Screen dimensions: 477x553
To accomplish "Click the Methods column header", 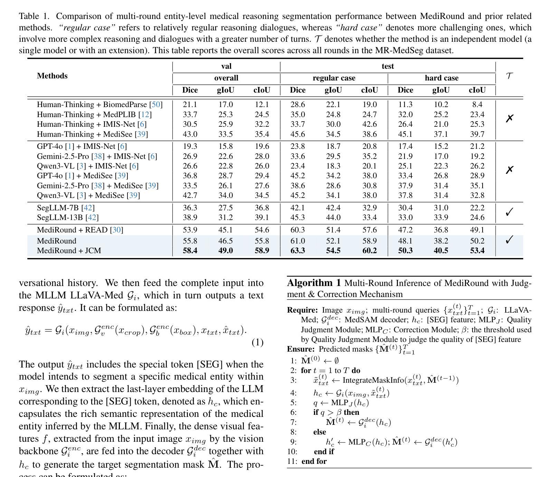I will pyautogui.click(x=52, y=76).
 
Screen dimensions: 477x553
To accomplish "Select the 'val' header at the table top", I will pyautogui.click(x=226, y=66).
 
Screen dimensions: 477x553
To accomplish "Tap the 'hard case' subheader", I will pyautogui.click(x=441, y=78).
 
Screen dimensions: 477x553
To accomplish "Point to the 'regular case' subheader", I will pyautogui.click(x=334, y=78).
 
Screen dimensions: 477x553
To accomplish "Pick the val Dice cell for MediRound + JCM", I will pyautogui.click(x=190, y=250).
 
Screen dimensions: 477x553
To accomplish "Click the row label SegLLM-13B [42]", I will pyautogui.click(x=67, y=217).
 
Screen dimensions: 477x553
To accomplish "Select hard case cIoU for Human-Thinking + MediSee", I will pyautogui.click(x=477, y=134).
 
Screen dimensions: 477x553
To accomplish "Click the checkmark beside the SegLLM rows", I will pyautogui.click(x=509, y=212).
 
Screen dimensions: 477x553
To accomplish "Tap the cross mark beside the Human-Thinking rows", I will pyautogui.click(x=509, y=118).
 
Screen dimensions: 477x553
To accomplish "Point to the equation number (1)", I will pyautogui.click(x=257, y=342).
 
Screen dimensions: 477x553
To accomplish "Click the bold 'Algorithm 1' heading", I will pyautogui.click(x=314, y=283).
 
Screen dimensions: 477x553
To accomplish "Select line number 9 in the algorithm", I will pyautogui.click(x=293, y=442).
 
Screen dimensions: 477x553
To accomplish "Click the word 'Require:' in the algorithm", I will pyautogui.click(x=302, y=310).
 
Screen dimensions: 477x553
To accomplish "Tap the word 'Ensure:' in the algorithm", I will pyautogui.click(x=301, y=349).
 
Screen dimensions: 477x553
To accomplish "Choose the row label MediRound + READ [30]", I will pyautogui.click(x=80, y=230).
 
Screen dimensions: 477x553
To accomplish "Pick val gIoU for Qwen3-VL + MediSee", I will pyautogui.click(x=226, y=195).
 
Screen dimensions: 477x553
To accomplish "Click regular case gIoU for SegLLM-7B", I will pyautogui.click(x=333, y=208).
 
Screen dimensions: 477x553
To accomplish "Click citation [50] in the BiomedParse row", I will pyautogui.click(x=156, y=104).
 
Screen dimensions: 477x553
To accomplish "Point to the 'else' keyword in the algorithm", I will pyautogui.click(x=320, y=432).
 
